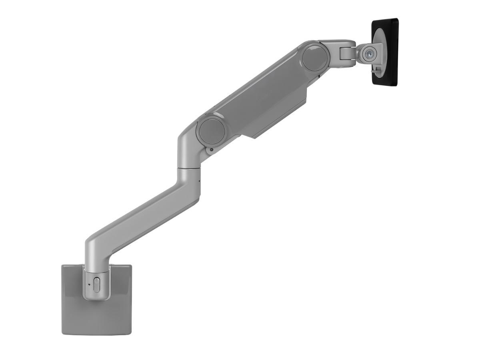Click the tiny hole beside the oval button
tap(89, 284)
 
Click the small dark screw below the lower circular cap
tap(211, 150)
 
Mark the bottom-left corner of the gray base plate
tap(62, 334)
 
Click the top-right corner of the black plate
tap(397, 19)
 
